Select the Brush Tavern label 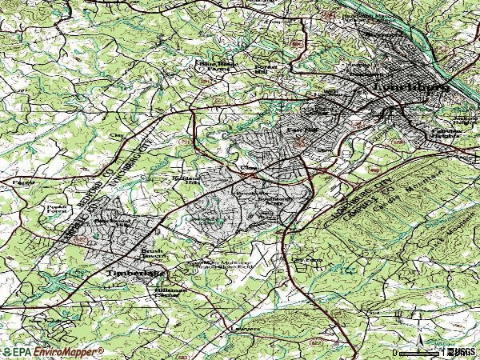[152, 254]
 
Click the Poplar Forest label [55, 210]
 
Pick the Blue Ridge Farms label [213, 65]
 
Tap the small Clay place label [121, 136]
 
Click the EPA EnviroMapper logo [52, 351]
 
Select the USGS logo [462, 351]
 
